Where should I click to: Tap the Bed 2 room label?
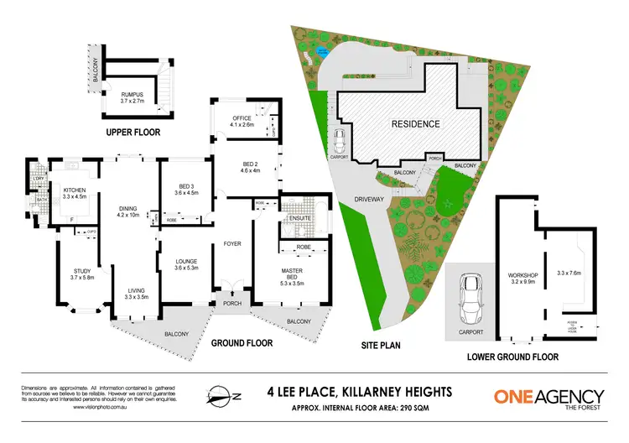pyautogui.click(x=240, y=165)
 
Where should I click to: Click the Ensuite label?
pyautogui.click(x=297, y=219)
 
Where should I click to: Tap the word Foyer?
pyautogui.click(x=232, y=246)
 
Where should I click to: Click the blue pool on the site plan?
pyautogui.click(x=322, y=57)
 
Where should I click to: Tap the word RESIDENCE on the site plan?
pyautogui.click(x=415, y=124)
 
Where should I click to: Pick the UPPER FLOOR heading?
pyautogui.click(x=133, y=133)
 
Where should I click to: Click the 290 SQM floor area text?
pyautogui.click(x=387, y=404)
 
